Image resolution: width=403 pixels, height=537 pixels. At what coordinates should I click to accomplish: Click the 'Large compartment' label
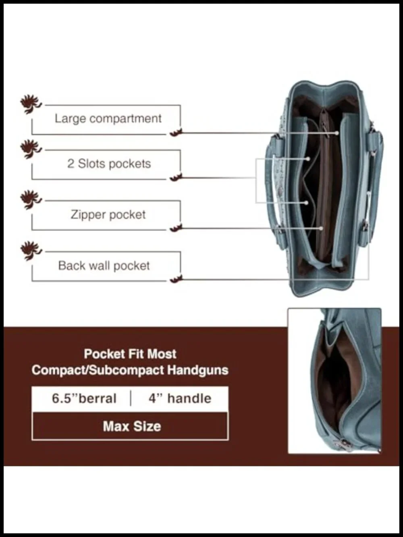108,119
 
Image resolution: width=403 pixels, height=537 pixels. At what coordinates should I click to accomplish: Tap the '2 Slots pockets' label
109,164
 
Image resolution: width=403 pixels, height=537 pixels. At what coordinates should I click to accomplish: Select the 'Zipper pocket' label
108,215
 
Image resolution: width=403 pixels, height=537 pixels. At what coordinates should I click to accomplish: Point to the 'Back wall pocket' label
104,266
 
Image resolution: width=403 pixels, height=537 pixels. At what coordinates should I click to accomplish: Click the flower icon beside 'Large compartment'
31,104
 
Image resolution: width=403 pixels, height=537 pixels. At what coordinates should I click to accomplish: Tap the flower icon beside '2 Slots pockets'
31,149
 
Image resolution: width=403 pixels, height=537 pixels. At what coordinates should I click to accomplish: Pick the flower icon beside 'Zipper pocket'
31,200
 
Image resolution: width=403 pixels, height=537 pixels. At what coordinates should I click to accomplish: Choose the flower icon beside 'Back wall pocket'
31,251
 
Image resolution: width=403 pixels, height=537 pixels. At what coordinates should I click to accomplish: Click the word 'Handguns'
198,370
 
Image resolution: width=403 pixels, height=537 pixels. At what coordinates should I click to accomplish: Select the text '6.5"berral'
84,398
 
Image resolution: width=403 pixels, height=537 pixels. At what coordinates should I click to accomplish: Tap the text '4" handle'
180,398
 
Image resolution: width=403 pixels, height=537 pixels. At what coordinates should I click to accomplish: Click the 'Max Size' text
132,427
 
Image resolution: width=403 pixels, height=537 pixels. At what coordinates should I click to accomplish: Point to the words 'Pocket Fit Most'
130,354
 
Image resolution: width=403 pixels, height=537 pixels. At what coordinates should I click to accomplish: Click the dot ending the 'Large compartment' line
337,133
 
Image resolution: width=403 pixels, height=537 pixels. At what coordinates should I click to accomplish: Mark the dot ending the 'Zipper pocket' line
321,228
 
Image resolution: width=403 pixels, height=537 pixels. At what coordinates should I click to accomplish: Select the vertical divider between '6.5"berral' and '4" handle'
131,398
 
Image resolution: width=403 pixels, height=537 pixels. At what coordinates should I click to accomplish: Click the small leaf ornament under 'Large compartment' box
176,133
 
